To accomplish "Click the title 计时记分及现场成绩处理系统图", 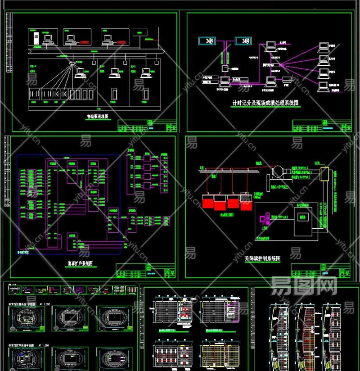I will (265, 103).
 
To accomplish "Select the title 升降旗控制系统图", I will (262, 259).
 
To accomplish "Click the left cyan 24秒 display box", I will (209, 41).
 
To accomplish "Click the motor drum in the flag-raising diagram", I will (277, 172).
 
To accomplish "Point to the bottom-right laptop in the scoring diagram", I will (322, 86).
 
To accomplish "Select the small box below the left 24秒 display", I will (224, 68).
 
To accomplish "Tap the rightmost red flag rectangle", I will (246, 205).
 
